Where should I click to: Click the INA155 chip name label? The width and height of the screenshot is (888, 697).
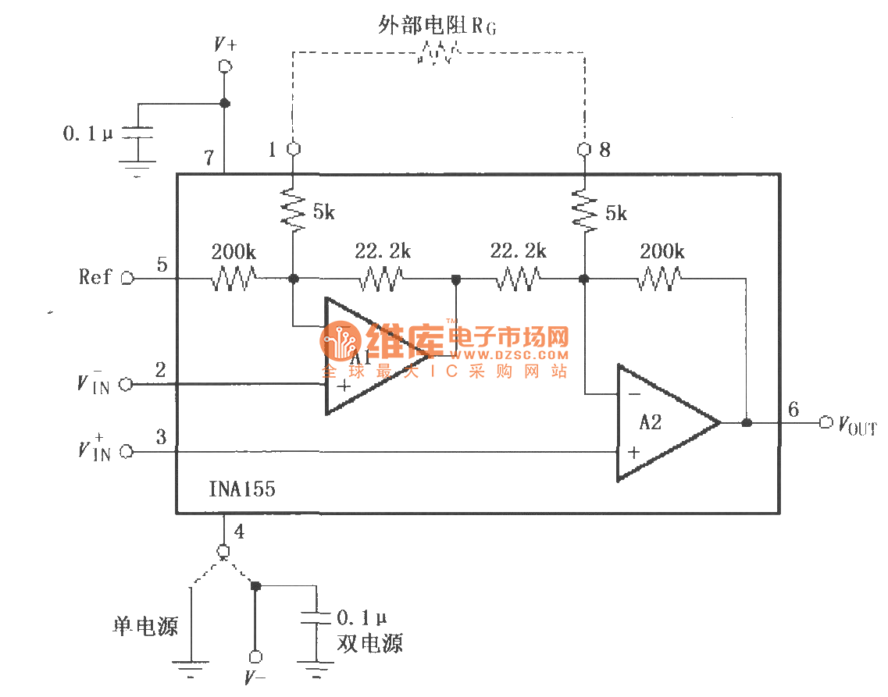click(x=241, y=490)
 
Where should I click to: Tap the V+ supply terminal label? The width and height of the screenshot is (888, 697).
click(x=225, y=44)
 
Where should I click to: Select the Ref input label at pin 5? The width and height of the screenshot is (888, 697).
click(x=95, y=277)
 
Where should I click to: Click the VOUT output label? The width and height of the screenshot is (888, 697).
click(x=857, y=425)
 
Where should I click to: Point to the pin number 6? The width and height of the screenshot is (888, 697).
click(x=793, y=408)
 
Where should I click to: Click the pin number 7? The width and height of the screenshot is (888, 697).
click(x=208, y=157)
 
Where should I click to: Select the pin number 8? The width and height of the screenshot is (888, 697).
click(x=604, y=150)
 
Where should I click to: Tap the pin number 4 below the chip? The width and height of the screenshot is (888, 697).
click(x=239, y=532)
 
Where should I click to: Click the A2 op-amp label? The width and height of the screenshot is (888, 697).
click(x=650, y=422)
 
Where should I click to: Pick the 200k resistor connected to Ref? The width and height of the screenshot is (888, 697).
click(x=234, y=278)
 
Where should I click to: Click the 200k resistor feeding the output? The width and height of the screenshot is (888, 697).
click(x=661, y=278)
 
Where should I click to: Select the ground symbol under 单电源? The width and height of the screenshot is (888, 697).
click(x=190, y=666)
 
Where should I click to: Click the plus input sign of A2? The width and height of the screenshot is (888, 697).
click(x=634, y=452)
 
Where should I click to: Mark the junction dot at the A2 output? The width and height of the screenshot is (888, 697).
click(x=746, y=422)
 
